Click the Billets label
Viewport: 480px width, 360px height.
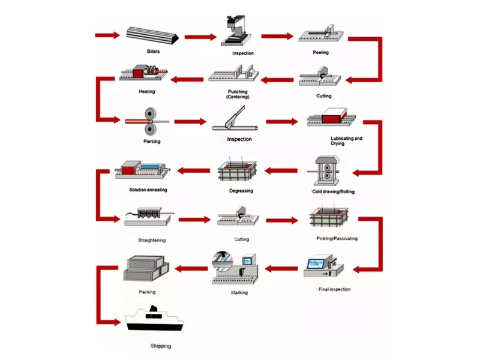coord(154,52)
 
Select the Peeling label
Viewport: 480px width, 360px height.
coord(320,52)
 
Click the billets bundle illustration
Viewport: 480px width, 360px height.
coord(153,35)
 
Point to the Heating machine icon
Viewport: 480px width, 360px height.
coord(145,74)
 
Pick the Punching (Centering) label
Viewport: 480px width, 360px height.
coord(238,94)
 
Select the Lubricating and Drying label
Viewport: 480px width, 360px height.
coord(346,141)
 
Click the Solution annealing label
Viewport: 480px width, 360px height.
coord(148,190)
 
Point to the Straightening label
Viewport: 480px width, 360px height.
coord(151,240)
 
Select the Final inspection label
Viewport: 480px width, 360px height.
coord(333,289)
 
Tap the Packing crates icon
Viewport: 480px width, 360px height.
coord(148,269)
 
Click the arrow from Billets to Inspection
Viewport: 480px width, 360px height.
coord(200,37)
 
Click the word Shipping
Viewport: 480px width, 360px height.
coord(160,346)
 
